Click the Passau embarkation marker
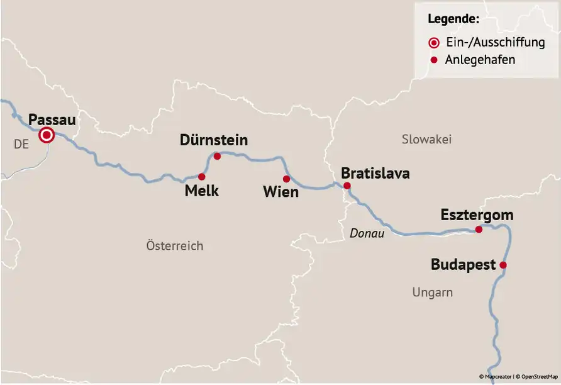[x=46, y=135]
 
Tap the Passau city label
[x=52, y=119]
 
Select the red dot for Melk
[x=201, y=177]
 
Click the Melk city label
[x=202, y=191]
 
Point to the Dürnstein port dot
[x=217, y=156]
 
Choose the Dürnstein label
[x=214, y=140]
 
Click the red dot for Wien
[x=286, y=179]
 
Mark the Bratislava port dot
[x=347, y=186]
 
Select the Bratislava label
[x=375, y=173]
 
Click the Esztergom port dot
[x=479, y=230]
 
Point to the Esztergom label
[x=477, y=215]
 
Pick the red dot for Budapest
[x=503, y=265]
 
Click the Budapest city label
[x=464, y=265]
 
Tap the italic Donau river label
[x=367, y=233]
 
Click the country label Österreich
[x=174, y=246]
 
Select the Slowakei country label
[x=426, y=140]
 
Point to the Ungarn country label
[x=432, y=293]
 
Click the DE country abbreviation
[x=21, y=145]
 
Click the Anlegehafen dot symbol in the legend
[x=433, y=60]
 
